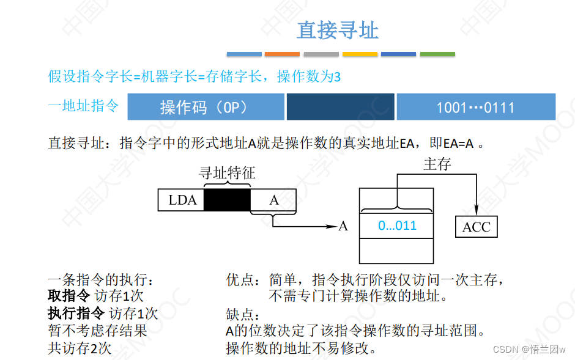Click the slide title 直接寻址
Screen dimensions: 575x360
pyautogui.click(x=338, y=29)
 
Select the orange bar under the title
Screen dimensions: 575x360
pyautogui.click(x=283, y=54)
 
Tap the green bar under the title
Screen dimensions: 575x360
pyautogui.click(x=437, y=54)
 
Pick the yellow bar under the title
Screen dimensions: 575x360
pyautogui.click(x=360, y=54)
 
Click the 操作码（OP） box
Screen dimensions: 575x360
pyautogui.click(x=206, y=107)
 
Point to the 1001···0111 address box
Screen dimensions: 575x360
pyautogui.click(x=475, y=108)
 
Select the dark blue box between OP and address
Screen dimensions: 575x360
pyautogui.click(x=340, y=107)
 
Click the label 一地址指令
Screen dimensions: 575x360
pyautogui.click(x=83, y=106)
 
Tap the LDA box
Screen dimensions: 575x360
pyautogui.click(x=181, y=200)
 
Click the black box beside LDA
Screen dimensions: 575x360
pyautogui.click(x=227, y=200)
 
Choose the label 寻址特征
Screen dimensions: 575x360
pyautogui.click(x=227, y=174)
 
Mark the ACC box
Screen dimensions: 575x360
pyautogui.click(x=477, y=227)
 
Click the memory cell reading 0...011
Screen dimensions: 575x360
pyautogui.click(x=397, y=226)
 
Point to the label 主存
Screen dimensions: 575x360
pyautogui.click(x=437, y=164)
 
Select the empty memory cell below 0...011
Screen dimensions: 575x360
pyautogui.click(x=397, y=251)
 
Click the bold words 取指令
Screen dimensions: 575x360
pyautogui.click(x=69, y=296)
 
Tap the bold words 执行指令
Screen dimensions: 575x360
pyautogui.click(x=76, y=314)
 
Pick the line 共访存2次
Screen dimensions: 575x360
pyautogui.click(x=80, y=348)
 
